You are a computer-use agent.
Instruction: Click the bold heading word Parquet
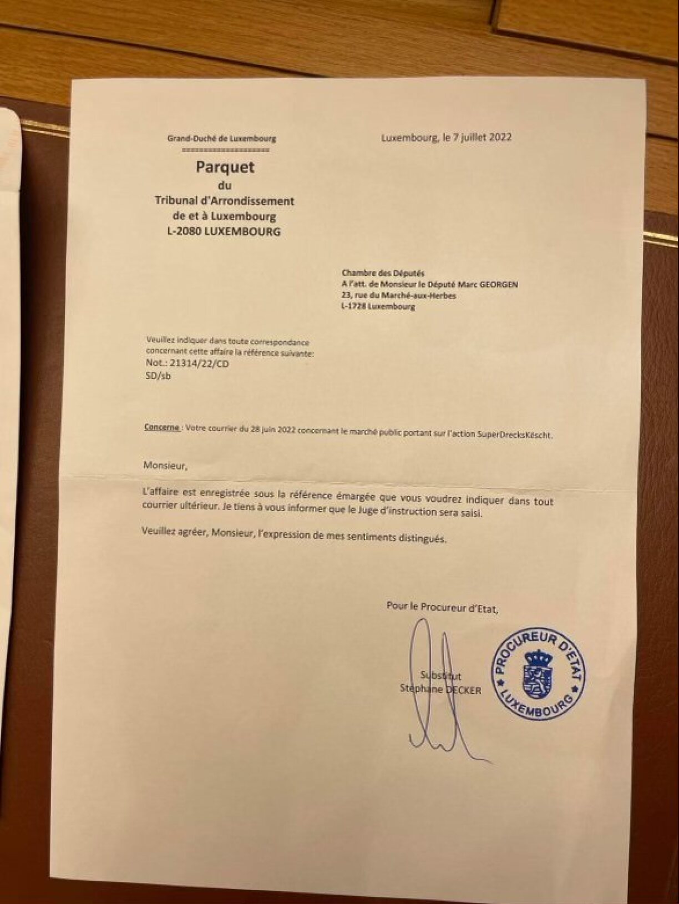(x=225, y=167)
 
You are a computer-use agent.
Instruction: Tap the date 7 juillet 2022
(x=482, y=138)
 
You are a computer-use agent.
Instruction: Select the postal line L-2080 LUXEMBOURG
(x=224, y=232)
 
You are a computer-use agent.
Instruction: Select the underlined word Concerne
(x=161, y=428)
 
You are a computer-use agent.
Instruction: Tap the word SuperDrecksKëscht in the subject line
(x=515, y=435)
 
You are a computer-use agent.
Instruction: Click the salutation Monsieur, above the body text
(x=165, y=466)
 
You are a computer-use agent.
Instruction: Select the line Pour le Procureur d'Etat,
(x=442, y=607)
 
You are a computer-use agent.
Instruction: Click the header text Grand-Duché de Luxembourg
(x=221, y=139)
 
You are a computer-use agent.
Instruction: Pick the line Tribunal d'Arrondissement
(x=224, y=201)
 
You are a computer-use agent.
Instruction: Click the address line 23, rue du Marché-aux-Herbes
(x=399, y=296)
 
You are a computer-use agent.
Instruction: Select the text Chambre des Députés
(x=383, y=273)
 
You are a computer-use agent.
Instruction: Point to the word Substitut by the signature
(x=441, y=676)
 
